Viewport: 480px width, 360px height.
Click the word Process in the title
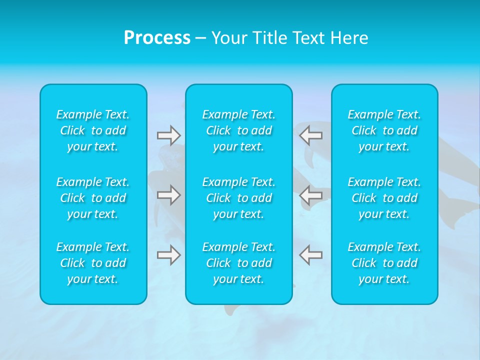157,38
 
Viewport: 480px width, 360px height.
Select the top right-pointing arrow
168,135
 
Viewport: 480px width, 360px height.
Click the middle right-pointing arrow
168,195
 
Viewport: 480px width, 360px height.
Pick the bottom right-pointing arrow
168,255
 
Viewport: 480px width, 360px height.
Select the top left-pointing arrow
310,135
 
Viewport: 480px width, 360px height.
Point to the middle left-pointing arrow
310,195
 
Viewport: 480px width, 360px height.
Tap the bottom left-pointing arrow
310,255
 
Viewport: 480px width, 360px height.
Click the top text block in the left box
93,130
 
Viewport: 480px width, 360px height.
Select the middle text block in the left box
93,198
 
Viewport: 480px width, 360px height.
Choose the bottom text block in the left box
93,263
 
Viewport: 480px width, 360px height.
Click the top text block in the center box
239,130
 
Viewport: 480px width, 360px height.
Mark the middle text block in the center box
239,198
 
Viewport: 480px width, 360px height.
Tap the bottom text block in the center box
239,263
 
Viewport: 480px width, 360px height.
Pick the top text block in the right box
384,130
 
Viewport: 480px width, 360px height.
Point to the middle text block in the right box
384,198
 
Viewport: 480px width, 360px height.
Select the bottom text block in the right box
384,263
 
